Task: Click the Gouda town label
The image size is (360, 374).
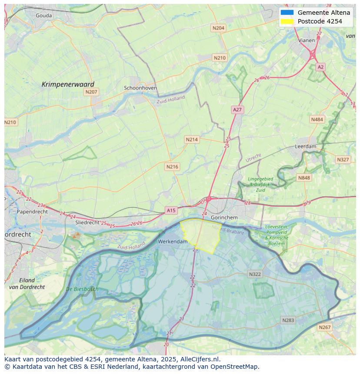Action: pos(43,16)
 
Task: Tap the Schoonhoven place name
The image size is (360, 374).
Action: pos(140,88)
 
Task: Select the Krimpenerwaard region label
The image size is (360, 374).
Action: pos(68,84)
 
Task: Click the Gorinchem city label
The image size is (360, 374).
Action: pos(224,217)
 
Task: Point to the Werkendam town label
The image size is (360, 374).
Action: pos(173,242)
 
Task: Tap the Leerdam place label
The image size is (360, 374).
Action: pos(306,147)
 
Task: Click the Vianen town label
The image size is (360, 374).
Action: pos(307,40)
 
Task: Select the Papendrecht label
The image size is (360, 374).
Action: pos(32,212)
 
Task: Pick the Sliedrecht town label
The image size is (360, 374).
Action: pos(88,222)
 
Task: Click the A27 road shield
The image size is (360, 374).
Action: pos(237,110)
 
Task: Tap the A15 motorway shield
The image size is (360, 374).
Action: pos(171,210)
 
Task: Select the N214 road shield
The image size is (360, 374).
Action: pos(191,139)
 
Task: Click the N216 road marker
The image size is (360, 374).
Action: pos(172,167)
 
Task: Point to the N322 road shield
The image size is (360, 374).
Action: pos(255,274)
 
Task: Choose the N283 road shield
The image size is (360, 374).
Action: pos(288,320)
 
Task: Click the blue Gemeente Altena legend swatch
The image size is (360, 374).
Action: pos(287,13)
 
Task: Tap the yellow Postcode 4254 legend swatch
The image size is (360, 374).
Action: pos(287,21)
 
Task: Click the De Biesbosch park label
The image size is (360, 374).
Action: pos(82,289)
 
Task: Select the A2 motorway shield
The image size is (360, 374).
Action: pos(320,67)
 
